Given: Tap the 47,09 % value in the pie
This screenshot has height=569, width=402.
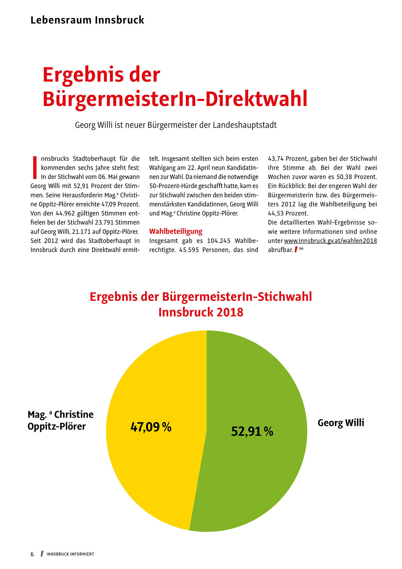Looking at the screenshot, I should click(x=151, y=427).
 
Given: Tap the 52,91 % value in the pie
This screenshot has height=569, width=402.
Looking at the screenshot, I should click(x=252, y=431).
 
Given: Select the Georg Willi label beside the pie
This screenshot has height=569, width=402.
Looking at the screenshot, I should click(x=341, y=423).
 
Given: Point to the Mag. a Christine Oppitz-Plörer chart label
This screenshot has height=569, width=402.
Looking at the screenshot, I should click(x=60, y=420).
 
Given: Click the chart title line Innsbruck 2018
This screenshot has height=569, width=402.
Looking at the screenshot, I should click(x=201, y=312).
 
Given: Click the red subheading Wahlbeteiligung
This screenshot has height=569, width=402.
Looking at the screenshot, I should click(x=176, y=232).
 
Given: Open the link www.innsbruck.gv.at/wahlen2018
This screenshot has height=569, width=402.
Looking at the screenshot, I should click(x=330, y=241).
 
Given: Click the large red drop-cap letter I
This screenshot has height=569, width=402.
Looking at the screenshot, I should click(x=35, y=167).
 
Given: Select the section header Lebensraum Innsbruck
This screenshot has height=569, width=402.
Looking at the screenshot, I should click(x=87, y=20).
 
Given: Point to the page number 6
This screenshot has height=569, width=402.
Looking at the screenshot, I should click(x=32, y=554).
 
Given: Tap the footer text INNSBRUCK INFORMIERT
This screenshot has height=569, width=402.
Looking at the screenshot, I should click(x=70, y=554).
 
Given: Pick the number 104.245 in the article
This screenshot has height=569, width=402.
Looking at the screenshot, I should click(x=219, y=241).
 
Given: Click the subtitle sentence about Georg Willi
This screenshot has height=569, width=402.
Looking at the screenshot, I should click(x=176, y=125).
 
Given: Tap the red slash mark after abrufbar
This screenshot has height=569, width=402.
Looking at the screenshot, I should click(x=296, y=250).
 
